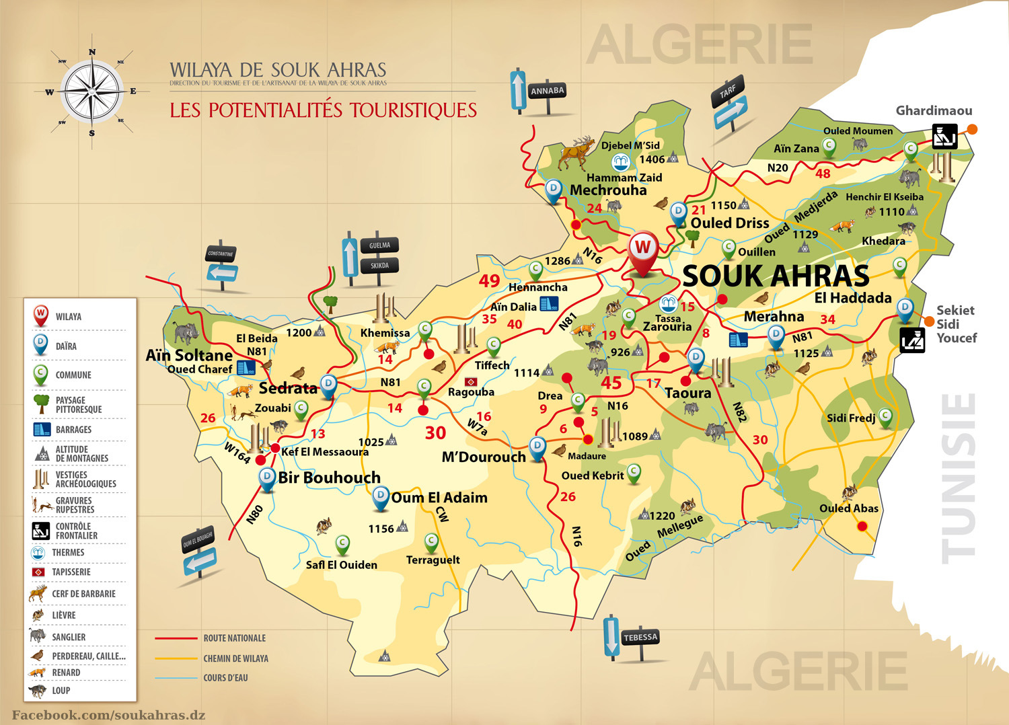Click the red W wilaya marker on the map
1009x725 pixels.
point(642,250)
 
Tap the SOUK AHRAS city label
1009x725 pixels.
point(776,276)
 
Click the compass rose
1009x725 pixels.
point(91,91)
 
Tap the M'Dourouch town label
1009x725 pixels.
point(484,457)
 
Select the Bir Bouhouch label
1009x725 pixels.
point(329,478)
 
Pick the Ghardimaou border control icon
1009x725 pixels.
point(944,137)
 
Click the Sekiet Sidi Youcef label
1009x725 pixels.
point(956,323)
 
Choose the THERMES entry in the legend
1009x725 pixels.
point(68,552)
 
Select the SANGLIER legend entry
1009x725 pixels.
point(69,637)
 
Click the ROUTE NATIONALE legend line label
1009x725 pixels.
point(234,638)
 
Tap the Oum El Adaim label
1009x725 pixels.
point(439,498)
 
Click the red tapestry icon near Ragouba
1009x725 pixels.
point(471,381)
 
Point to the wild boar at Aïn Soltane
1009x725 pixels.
point(185,332)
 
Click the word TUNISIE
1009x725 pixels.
point(958,478)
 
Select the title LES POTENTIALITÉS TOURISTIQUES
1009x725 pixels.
point(323,110)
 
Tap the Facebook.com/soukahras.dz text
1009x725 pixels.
point(108,715)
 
